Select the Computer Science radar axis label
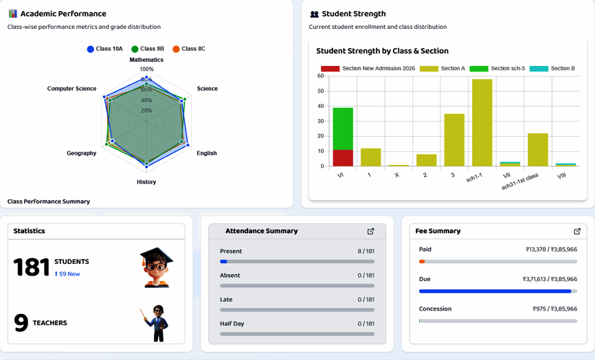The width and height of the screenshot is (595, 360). pos(71,89)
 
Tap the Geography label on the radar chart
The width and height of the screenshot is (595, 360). pos(81,153)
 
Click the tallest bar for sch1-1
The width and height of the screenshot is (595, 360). pos(482,122)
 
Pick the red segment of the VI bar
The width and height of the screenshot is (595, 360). pos(343,158)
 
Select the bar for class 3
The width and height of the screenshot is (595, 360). pos(454,139)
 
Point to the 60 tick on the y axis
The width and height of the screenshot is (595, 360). pos(320,76)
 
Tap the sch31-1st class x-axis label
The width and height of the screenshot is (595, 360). pos(520,181)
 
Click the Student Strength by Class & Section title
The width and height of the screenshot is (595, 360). pos(382,51)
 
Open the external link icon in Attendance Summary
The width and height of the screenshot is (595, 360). pos(371,232)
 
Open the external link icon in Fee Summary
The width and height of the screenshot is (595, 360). pos(577,232)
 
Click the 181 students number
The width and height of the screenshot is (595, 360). pos(32,267)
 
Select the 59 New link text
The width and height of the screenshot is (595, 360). pos(67,274)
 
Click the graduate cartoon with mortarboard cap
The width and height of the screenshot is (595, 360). pos(157,267)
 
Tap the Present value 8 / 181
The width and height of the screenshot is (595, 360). pos(366,251)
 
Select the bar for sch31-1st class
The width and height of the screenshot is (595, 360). pos(538,149)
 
